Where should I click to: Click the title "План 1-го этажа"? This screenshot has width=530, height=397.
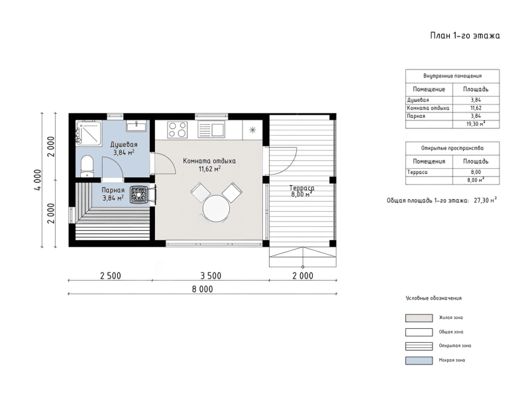tap(465, 36)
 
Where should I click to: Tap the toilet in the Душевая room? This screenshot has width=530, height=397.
tap(87, 166)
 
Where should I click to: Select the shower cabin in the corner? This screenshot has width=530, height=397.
tap(89, 133)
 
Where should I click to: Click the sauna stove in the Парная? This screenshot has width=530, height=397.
tap(139, 195)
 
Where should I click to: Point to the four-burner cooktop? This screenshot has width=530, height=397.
tap(178, 130)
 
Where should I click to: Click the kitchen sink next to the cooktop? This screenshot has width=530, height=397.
tap(211, 130)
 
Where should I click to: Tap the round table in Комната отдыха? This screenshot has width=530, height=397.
tap(216, 208)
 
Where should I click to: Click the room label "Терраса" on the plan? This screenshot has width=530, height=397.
tap(301, 188)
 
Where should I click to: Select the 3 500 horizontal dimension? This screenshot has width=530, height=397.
tap(211, 276)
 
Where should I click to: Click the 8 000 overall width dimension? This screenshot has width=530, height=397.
tap(203, 289)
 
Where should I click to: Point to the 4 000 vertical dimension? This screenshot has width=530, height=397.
tap(38, 180)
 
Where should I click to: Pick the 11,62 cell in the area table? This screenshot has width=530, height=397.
tap(476, 108)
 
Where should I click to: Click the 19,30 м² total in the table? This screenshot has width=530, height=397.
tap(476, 124)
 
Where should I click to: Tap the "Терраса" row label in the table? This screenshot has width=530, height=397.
tap(417, 172)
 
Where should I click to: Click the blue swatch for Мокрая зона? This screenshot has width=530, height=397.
tap(419, 361)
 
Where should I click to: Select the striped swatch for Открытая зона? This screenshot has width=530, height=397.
tap(419, 346)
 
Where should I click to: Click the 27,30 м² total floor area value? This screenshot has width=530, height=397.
tap(485, 200)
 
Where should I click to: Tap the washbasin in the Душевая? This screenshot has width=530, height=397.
tap(136, 126)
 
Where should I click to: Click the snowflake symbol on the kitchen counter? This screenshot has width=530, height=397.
tap(252, 130)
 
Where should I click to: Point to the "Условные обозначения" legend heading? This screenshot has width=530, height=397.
tap(433, 298)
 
